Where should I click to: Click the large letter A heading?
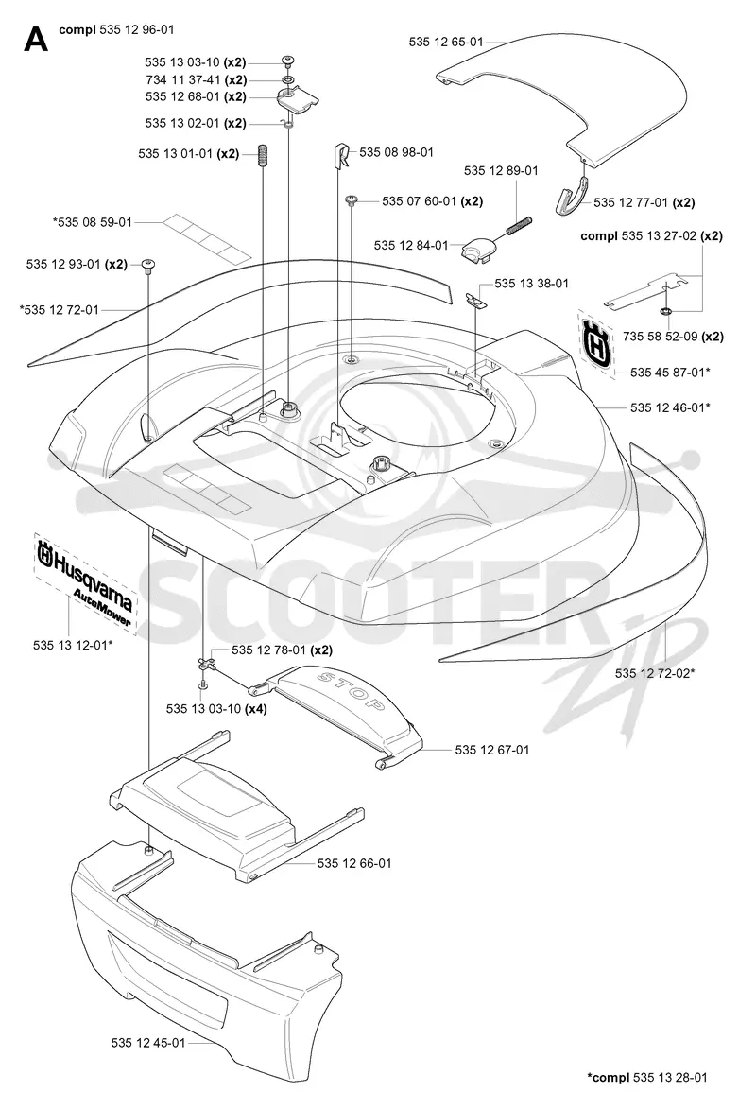click(35, 40)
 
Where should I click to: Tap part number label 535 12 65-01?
click(445, 42)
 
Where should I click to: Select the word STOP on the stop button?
click(352, 691)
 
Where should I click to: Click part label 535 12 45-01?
click(147, 1043)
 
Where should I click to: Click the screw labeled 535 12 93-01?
click(148, 265)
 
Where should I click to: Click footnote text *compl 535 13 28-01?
click(647, 1077)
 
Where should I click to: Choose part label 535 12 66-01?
click(354, 863)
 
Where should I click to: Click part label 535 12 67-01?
click(492, 750)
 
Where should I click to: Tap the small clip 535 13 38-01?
click(476, 300)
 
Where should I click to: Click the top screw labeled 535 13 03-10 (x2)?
click(288, 61)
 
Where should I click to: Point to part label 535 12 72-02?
click(655, 672)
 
